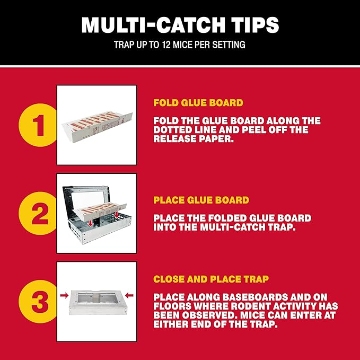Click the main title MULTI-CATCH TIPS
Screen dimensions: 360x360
pos(180,25)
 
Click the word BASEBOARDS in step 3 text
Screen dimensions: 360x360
pos(252,297)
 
